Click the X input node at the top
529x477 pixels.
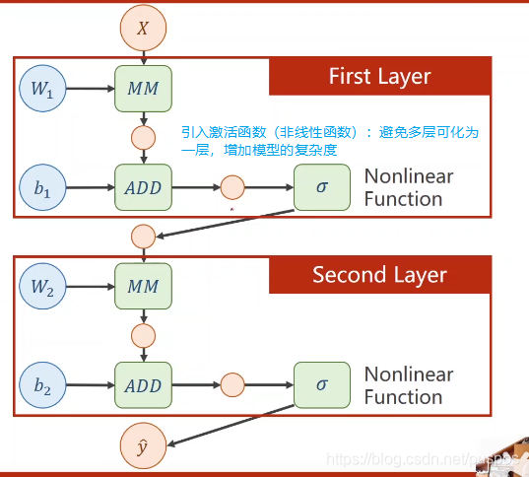[x=143, y=29]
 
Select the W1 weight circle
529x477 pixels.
[x=42, y=89]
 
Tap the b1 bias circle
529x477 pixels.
[x=42, y=186]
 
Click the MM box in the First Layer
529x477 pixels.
[x=144, y=89]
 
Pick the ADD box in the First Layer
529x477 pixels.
[x=144, y=186]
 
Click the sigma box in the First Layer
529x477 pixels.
[x=322, y=186]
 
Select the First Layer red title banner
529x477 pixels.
[x=379, y=76]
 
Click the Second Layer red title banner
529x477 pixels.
[x=379, y=274]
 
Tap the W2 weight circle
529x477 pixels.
[x=42, y=287]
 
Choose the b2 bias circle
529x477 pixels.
[x=42, y=385]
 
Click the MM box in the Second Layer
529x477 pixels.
[x=144, y=287]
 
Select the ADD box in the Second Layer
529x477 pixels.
[x=144, y=385]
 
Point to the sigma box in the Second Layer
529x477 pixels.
[x=322, y=385]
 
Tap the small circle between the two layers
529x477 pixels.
[x=143, y=237]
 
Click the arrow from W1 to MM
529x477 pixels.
[x=90, y=89]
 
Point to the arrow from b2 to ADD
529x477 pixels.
[x=90, y=385]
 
